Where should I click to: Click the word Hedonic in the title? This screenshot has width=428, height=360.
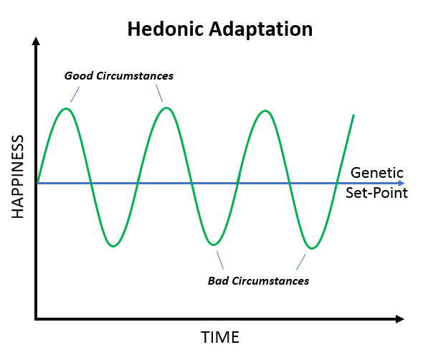click(x=164, y=29)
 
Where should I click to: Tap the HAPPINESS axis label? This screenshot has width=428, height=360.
click(x=17, y=176)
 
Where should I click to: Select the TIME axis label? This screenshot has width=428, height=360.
click(x=219, y=337)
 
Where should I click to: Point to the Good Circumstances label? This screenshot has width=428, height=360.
click(x=119, y=75)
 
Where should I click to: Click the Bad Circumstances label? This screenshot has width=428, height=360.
click(x=258, y=280)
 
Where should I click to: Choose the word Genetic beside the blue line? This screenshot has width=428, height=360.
click(x=378, y=174)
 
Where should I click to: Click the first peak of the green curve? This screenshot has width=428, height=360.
click(x=67, y=108)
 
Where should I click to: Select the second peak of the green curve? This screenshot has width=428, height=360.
click(x=166, y=108)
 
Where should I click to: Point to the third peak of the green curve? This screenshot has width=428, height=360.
click(x=265, y=111)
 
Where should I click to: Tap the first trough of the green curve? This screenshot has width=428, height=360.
click(x=113, y=246)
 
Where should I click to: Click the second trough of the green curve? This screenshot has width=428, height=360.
click(x=213, y=245)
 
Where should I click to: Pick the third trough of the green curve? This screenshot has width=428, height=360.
click(x=310, y=248)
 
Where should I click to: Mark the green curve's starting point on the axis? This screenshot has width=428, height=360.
click(x=37, y=184)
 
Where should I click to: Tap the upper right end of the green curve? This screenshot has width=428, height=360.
click(x=353, y=115)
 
